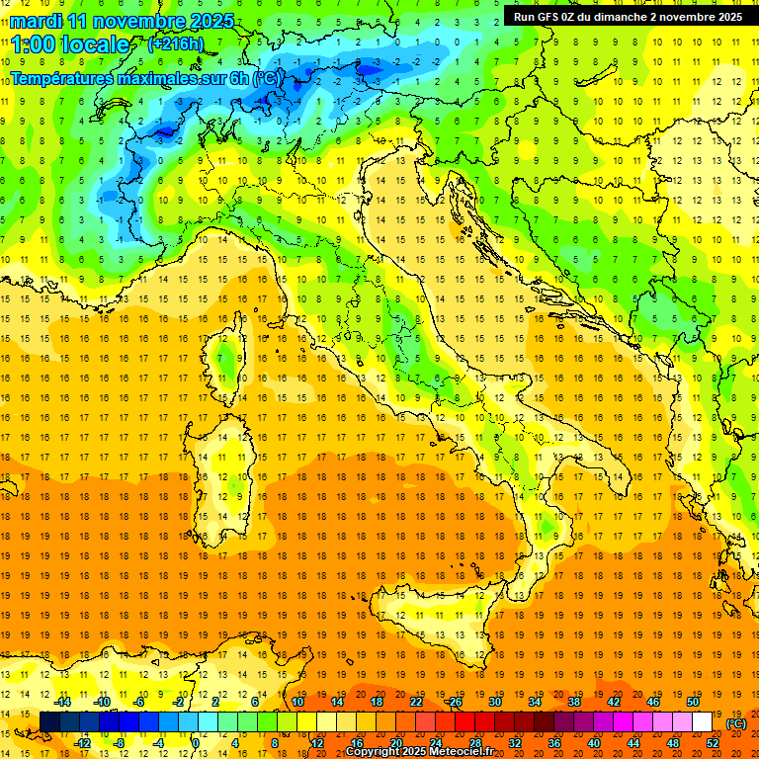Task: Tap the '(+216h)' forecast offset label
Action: tap(175, 44)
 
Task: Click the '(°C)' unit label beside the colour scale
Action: tap(736, 723)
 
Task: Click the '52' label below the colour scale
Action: tap(713, 742)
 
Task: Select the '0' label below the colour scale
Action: tap(195, 742)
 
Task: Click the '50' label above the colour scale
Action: tap(692, 702)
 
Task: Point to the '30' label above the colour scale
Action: tap(494, 702)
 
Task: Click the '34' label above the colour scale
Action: tap(534, 702)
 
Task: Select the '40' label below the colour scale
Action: tap(593, 742)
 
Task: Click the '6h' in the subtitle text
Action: tap(238, 78)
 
